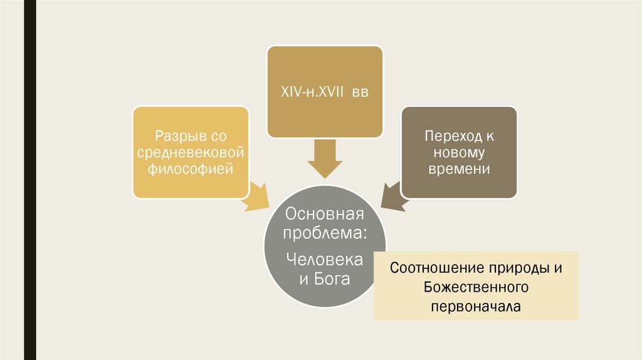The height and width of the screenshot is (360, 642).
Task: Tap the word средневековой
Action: pyautogui.click(x=190, y=152)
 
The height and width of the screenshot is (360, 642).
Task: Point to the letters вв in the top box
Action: pyautogui.click(x=359, y=92)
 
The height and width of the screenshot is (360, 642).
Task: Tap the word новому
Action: pyautogui.click(x=459, y=152)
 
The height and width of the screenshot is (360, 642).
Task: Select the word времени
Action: pyautogui.click(x=459, y=169)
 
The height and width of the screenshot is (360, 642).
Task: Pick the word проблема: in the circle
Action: pyautogui.click(x=325, y=234)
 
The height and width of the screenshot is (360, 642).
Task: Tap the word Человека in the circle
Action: pyautogui.click(x=325, y=258)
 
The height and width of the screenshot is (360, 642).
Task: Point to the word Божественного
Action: pyautogui.click(x=476, y=287)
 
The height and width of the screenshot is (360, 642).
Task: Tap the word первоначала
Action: pyautogui.click(x=476, y=307)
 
